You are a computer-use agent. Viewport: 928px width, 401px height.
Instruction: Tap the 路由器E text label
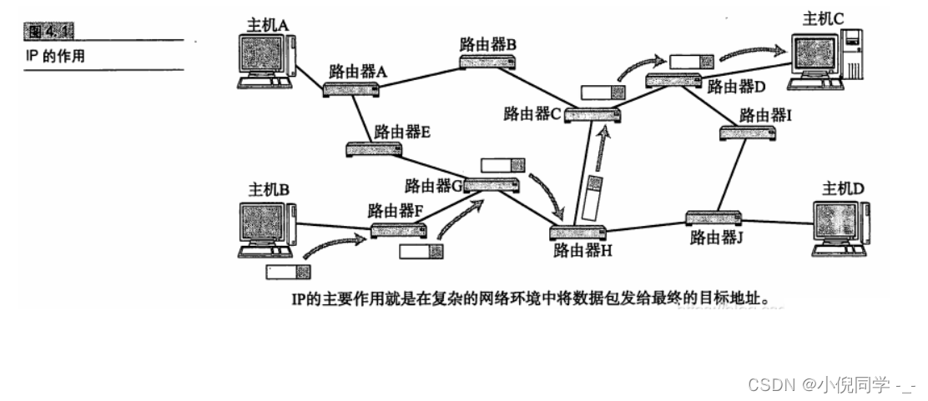401,131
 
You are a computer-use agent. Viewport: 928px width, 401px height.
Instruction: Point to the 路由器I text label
764,114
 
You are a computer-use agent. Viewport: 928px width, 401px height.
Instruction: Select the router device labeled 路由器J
714,218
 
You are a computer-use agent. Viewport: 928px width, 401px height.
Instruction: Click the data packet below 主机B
288,272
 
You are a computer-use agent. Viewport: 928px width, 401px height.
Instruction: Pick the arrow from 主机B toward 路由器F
333,244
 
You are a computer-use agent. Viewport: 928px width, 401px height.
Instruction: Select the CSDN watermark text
830,384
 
